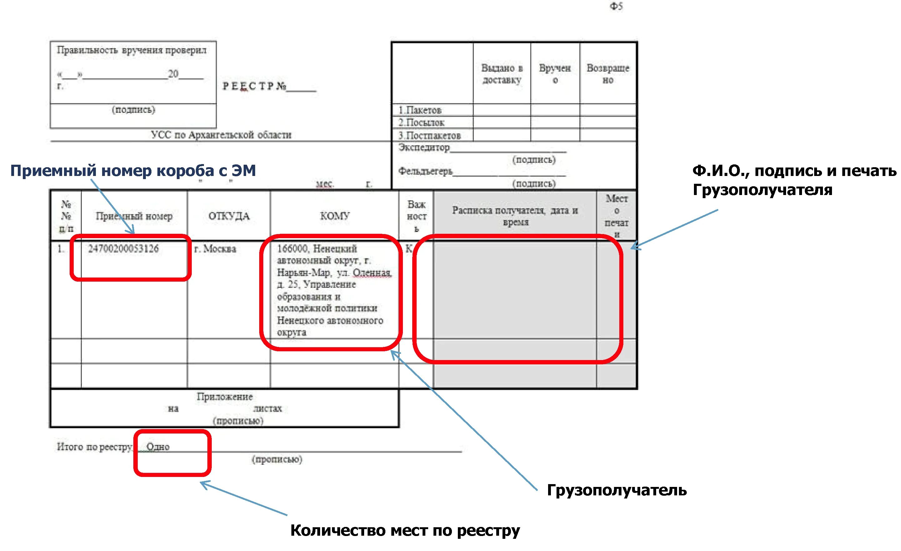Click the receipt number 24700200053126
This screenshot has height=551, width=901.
click(123, 249)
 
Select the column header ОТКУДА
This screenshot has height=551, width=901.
click(229, 216)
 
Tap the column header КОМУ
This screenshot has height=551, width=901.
click(334, 216)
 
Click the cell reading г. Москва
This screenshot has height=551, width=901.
click(215, 249)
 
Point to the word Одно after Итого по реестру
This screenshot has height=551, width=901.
click(158, 447)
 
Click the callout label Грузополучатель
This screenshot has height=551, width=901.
click(616, 490)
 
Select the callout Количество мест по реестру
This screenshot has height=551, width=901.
click(405, 530)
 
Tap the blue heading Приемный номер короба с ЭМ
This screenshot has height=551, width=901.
click(133, 171)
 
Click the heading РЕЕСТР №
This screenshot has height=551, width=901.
click(255, 86)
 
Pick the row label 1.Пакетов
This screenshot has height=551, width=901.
click(420, 110)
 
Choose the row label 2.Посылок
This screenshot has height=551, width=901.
click(421, 123)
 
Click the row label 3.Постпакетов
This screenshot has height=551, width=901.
click(429, 136)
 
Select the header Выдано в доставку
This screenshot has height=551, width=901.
click(502, 74)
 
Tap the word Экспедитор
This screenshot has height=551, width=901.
click(424, 148)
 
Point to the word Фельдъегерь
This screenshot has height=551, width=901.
click(425, 171)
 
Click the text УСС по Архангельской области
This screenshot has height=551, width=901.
click(221, 135)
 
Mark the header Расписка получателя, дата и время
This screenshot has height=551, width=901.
click(515, 216)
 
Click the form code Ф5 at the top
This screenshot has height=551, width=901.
click(616, 6)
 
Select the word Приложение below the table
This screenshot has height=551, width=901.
click(225, 397)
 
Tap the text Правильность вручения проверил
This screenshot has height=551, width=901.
click(132, 50)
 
